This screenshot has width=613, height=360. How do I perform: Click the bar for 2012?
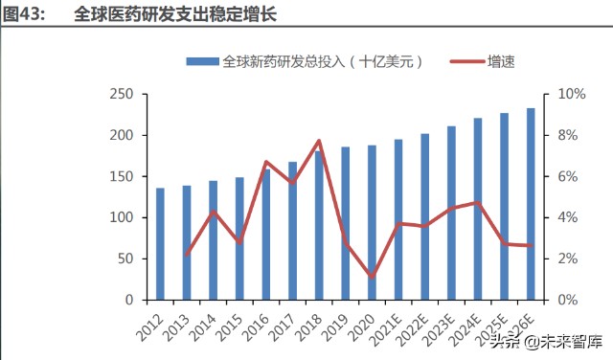point(160,244)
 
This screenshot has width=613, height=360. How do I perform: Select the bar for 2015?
point(239,238)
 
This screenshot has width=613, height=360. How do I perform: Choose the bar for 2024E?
point(478,209)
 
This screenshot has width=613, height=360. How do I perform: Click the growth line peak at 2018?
point(319,141)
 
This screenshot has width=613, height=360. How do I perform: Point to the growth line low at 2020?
point(372,277)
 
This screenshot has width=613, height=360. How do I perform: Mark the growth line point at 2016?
point(266,162)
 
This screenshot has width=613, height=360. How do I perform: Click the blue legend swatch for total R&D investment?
point(201,60)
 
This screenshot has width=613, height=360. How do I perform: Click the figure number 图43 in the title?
point(24,15)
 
